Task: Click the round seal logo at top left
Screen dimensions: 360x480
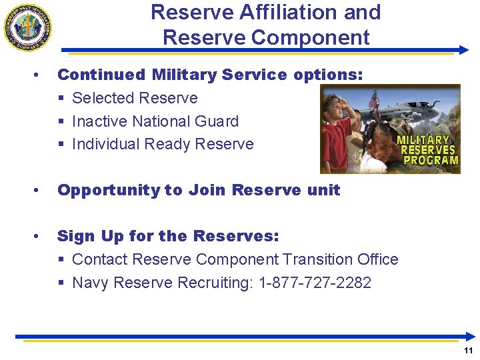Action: (28, 27)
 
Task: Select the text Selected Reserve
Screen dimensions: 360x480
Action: (135, 98)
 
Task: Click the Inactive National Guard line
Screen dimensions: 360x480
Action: (155, 121)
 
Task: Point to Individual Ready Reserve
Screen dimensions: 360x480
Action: (163, 144)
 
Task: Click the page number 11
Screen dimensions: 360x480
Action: (468, 351)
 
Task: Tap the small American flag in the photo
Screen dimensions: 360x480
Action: (373, 100)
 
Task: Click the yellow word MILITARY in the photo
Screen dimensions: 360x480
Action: (423, 140)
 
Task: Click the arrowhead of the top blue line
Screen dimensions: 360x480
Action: (464, 50)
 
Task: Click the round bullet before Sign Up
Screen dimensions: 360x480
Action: (41, 236)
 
